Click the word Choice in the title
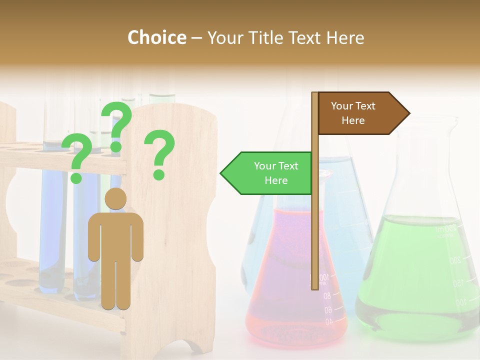156,37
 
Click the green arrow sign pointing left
267,173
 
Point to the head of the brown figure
115,198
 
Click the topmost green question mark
116,125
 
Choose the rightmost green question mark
159,154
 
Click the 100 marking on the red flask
324,276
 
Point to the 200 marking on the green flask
454,260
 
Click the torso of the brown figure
115,235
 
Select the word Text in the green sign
288,166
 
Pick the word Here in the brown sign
353,120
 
